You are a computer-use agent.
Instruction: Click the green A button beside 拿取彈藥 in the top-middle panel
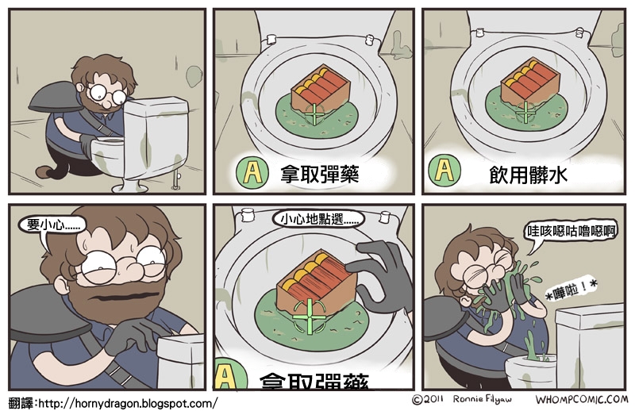(x=252, y=172)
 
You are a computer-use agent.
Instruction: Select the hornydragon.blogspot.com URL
(x=127, y=403)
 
